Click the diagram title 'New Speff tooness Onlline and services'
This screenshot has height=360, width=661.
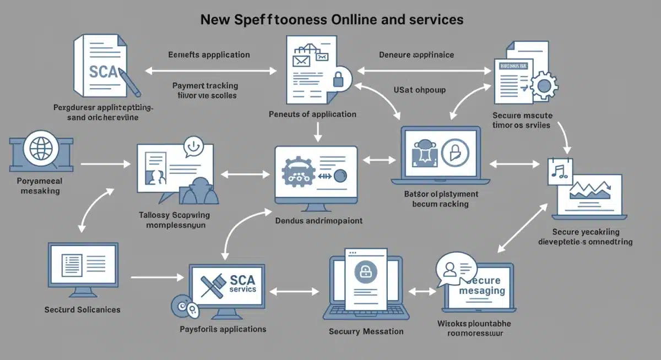pyautogui.click(x=332, y=20)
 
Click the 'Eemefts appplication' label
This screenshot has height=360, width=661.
pyautogui.click(x=209, y=54)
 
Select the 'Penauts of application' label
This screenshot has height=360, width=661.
pyautogui.click(x=312, y=114)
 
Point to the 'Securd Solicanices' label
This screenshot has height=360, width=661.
pyautogui.click(x=82, y=309)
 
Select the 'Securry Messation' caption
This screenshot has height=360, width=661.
pyautogui.click(x=366, y=331)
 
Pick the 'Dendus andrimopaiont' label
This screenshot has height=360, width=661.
pyautogui.click(x=318, y=220)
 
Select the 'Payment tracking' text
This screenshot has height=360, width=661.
pyautogui.click(x=205, y=85)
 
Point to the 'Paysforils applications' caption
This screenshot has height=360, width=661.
pyautogui.click(x=223, y=329)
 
